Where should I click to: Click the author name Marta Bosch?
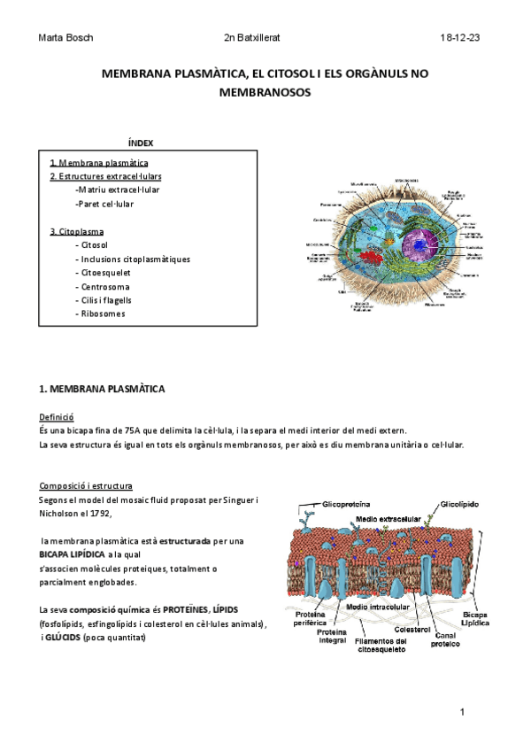pos(67,39)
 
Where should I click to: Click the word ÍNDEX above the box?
pos(141,143)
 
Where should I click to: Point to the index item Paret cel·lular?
pos(104,204)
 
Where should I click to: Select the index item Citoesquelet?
pos(104,273)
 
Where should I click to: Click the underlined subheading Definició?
pos(57,415)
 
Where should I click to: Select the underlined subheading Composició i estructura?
pos(86,486)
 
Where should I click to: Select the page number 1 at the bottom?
pos(462,712)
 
